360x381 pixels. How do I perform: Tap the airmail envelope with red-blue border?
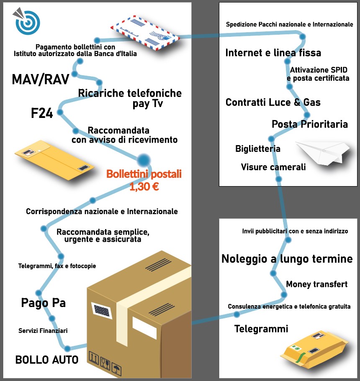[145, 35]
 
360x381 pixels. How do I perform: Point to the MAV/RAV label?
[40, 79]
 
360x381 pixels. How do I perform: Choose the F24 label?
[42, 113]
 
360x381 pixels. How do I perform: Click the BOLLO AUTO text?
[47, 359]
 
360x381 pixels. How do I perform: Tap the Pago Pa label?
[43, 303]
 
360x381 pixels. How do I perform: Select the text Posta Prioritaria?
[310, 124]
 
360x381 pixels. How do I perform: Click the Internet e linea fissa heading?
[273, 53]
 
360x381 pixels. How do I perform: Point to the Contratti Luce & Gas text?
[273, 102]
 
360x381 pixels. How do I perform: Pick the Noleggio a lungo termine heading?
[287, 259]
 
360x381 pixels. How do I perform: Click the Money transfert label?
[316, 284]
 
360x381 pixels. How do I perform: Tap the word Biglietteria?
[258, 149]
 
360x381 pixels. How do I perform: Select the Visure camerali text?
[273, 167]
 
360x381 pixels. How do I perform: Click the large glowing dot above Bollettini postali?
[144, 159]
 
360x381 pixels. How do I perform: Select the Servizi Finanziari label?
[43, 331]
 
